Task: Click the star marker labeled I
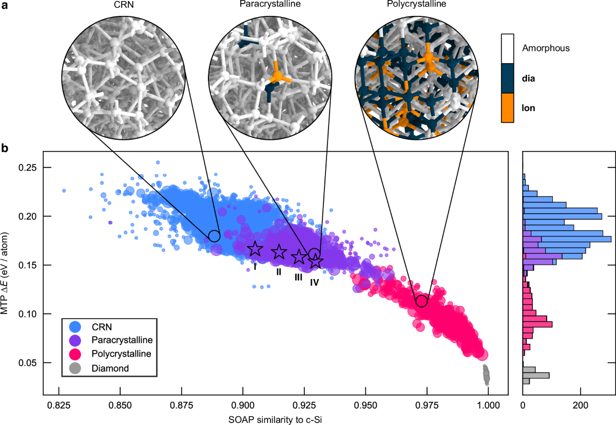255,249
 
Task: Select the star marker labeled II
279,252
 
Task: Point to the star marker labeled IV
315,262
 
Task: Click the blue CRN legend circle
76,326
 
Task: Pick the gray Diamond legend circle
76,368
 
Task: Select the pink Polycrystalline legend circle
76,354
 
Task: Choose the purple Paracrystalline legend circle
76,340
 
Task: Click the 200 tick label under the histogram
581,404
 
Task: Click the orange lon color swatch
508,107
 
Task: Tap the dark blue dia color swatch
508,78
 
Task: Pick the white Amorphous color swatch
508,49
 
